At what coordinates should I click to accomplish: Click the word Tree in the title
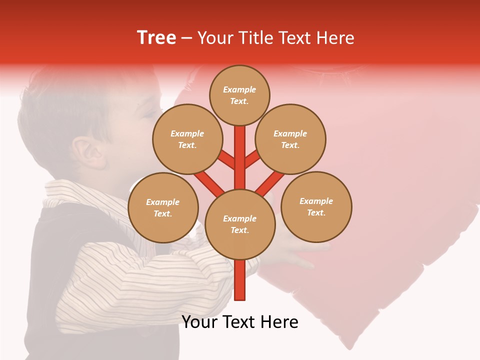pyautogui.click(x=156, y=38)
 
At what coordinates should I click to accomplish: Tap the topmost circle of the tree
pyautogui.click(x=239, y=95)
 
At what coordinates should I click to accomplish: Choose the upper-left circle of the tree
pyautogui.click(x=187, y=139)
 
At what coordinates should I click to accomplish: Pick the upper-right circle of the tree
pyautogui.click(x=290, y=139)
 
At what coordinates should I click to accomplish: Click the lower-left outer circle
pyautogui.click(x=163, y=207)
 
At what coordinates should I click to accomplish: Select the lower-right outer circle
pyautogui.click(x=316, y=206)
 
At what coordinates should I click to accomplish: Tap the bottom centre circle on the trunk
pyautogui.click(x=240, y=224)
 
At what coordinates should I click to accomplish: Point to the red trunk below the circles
pyautogui.click(x=240, y=280)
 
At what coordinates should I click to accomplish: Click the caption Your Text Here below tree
pyautogui.click(x=240, y=322)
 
